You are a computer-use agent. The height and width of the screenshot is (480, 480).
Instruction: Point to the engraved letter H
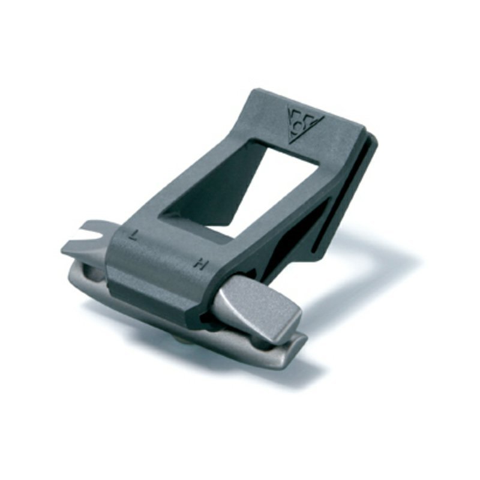tap(201, 263)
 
